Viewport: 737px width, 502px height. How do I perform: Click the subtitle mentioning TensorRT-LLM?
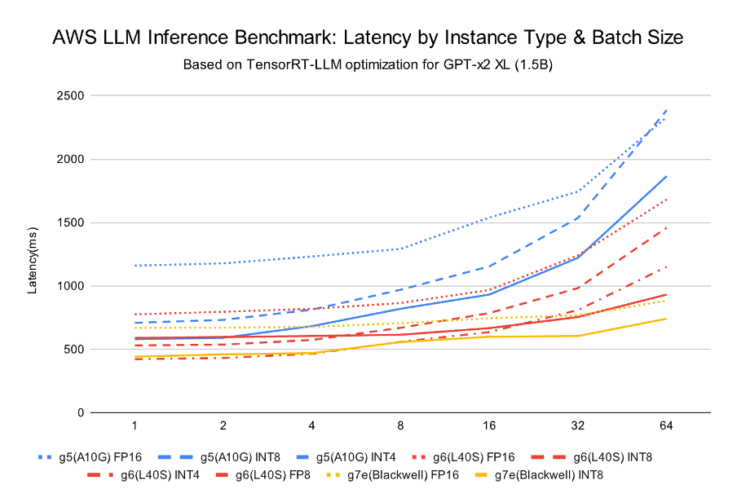[368, 64]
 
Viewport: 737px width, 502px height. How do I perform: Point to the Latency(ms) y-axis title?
[33, 253]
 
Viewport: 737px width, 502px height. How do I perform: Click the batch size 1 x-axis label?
[132, 427]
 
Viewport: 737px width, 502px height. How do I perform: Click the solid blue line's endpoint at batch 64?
[667, 176]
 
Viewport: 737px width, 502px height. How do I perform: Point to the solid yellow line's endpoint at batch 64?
[667, 319]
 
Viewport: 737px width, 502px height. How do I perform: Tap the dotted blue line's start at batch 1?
[132, 266]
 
